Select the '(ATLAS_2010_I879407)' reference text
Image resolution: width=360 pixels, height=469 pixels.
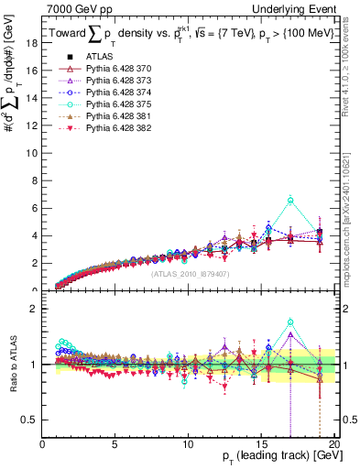pyautogui.click(x=190, y=273)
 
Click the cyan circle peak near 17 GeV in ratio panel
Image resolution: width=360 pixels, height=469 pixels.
pyautogui.click(x=290, y=322)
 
